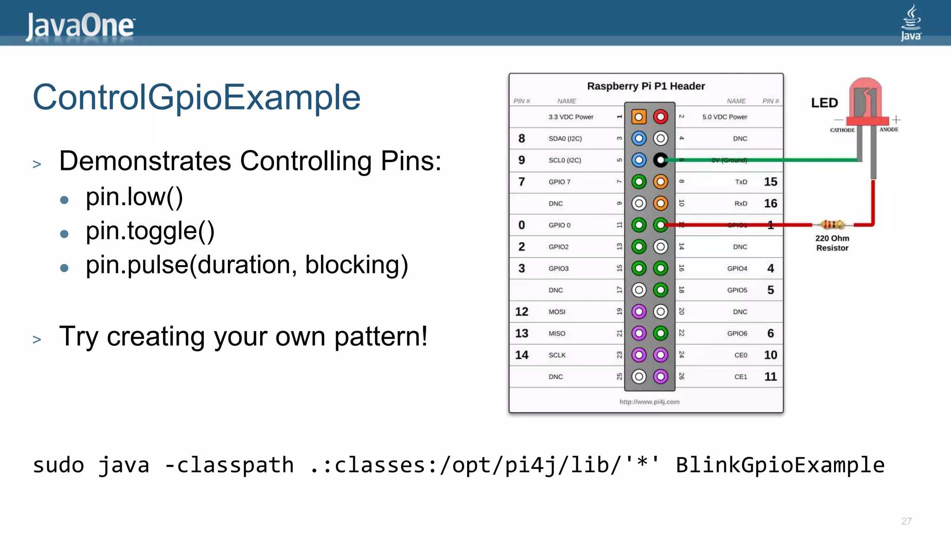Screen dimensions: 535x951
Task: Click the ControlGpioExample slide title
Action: (x=196, y=97)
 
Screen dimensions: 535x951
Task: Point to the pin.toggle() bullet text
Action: (x=150, y=231)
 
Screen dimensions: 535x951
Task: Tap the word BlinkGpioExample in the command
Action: (x=780, y=465)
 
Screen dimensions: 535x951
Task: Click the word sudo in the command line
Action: (x=59, y=465)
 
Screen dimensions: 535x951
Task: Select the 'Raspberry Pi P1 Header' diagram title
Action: (x=645, y=86)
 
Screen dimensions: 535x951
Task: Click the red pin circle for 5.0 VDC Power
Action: (x=660, y=117)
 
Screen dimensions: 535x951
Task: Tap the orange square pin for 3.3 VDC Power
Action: (x=638, y=117)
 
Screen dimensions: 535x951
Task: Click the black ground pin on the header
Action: (x=660, y=160)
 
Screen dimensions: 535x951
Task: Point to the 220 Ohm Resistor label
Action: (x=832, y=243)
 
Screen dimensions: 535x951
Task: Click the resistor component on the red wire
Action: (x=832, y=225)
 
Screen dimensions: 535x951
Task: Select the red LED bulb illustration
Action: (x=865, y=100)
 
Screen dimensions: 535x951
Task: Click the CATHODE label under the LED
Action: (x=842, y=130)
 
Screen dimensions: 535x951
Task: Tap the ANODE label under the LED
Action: (x=888, y=130)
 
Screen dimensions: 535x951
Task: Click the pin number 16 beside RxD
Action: (x=770, y=203)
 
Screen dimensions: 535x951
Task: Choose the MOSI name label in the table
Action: (x=557, y=312)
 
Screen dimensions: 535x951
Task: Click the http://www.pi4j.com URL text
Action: (x=649, y=402)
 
